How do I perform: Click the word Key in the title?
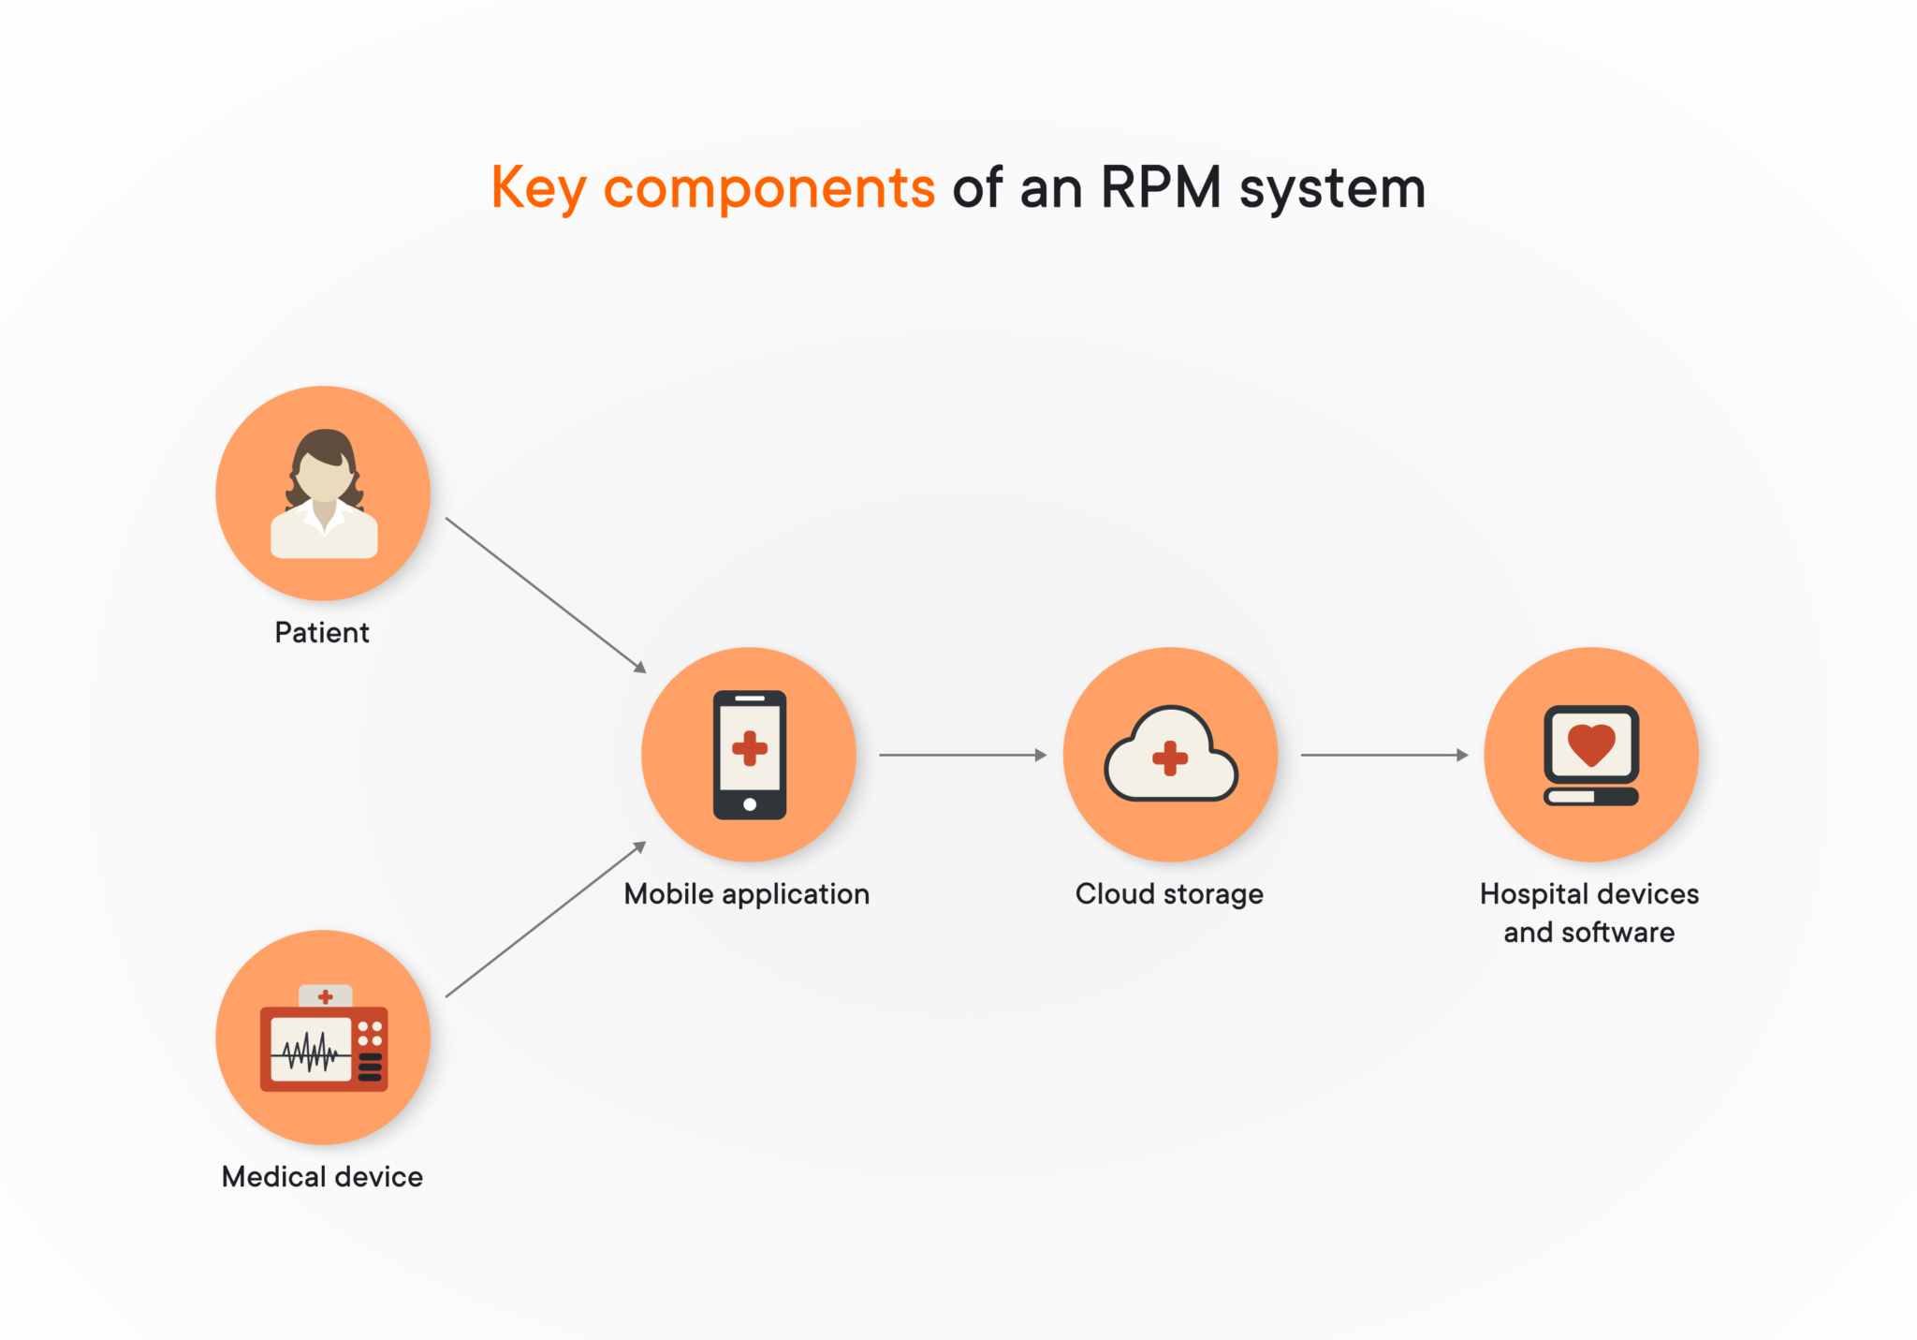[537, 189]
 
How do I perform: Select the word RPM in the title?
[1160, 187]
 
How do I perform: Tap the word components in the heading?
[768, 189]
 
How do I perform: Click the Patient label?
[322, 633]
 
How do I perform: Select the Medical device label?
[322, 1177]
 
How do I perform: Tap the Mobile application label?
[747, 894]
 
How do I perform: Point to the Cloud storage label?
[1169, 894]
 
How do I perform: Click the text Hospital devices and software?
[1588, 913]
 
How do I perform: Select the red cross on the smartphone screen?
[750, 749]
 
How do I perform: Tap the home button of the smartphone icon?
[750, 804]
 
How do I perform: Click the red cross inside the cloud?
[1170, 758]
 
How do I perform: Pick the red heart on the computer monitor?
[1591, 744]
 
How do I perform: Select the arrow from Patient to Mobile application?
[546, 595]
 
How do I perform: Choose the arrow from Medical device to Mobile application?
[546, 920]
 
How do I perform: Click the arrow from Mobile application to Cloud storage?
[962, 755]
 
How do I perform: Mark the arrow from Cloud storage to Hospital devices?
[1383, 755]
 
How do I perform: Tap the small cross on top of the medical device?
[325, 996]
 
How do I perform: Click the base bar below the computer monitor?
[1591, 797]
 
